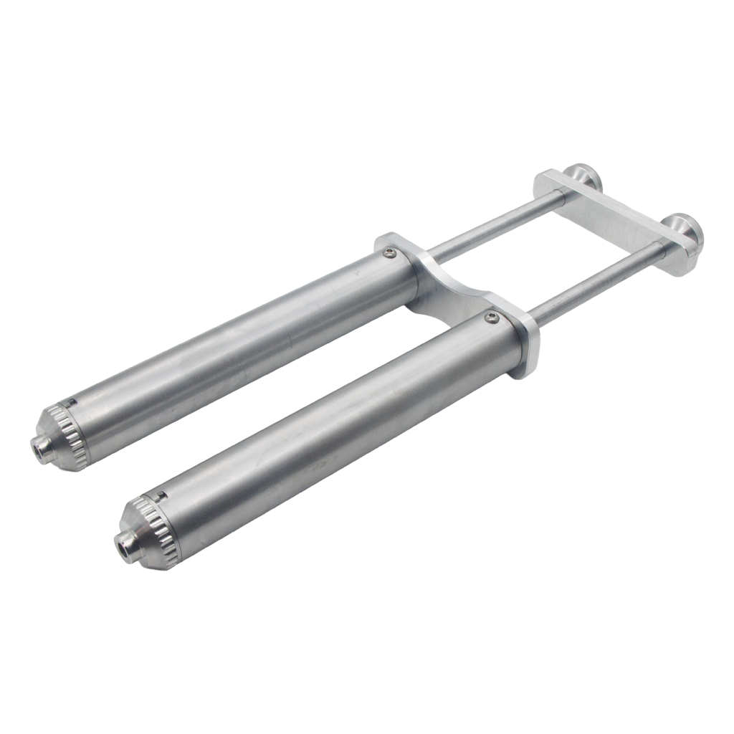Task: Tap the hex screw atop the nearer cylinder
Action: click(490, 316)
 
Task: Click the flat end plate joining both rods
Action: click(616, 215)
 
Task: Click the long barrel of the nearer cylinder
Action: click(323, 430)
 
